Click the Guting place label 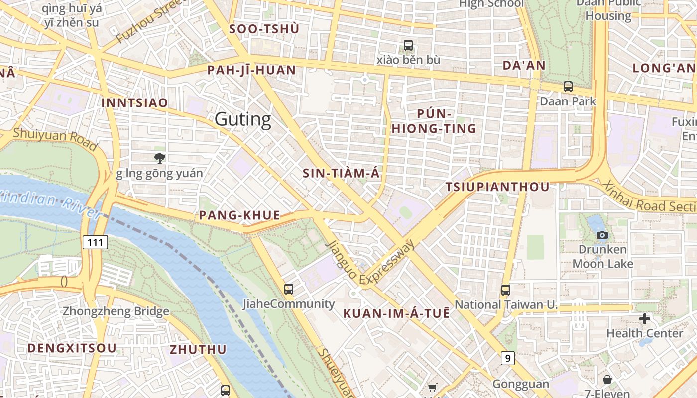pyautogui.click(x=243, y=119)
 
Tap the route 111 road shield pyautogui.click(x=95, y=242)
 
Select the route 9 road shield pyautogui.click(x=507, y=358)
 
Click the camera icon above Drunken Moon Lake pyautogui.click(x=602, y=235)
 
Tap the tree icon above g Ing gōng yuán pyautogui.click(x=159, y=158)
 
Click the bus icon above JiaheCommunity pyautogui.click(x=288, y=289)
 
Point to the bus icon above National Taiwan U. pyautogui.click(x=506, y=290)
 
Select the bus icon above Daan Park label pyautogui.click(x=568, y=86)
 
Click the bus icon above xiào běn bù pyautogui.click(x=408, y=45)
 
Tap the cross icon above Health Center pyautogui.click(x=644, y=318)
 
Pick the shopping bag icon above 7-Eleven pyautogui.click(x=607, y=380)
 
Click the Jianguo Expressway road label pyautogui.click(x=370, y=264)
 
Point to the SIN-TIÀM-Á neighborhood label pyautogui.click(x=341, y=173)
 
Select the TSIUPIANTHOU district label pyautogui.click(x=497, y=187)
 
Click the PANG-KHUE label pyautogui.click(x=239, y=215)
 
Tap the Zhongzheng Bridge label pyautogui.click(x=116, y=312)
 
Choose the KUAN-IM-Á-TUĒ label pyautogui.click(x=396, y=313)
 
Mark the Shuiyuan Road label pyautogui.click(x=55, y=139)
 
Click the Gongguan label pyautogui.click(x=521, y=384)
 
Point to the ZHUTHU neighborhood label pyautogui.click(x=198, y=349)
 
